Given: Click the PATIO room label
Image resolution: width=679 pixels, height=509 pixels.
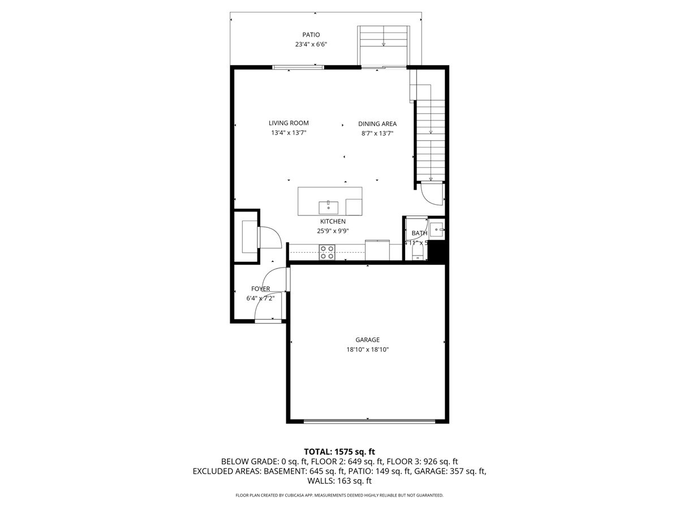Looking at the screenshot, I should point(311,35).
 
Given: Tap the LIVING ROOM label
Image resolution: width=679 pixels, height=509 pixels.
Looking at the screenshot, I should point(289,123).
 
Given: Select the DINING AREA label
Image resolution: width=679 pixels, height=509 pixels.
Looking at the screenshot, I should point(377,124).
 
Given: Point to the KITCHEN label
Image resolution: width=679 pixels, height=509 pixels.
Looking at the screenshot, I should point(333,222).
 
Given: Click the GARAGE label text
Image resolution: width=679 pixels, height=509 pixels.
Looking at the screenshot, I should point(368,340).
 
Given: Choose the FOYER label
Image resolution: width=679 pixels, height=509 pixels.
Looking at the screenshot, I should point(261,289).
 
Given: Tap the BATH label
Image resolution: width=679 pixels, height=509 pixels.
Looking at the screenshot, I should point(419,233).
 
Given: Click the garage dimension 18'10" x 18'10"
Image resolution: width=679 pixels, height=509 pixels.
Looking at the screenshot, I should point(368,350).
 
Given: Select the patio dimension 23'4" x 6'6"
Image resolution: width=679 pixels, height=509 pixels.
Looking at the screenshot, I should point(311,44).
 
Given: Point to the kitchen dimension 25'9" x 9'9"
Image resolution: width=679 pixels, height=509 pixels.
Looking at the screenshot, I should point(333,231).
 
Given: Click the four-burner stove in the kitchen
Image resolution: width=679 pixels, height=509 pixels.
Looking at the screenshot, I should point(326,252).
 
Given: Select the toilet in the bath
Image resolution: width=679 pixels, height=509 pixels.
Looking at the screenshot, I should point(419,251).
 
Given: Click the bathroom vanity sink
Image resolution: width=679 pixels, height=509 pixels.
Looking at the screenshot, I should point(437,230).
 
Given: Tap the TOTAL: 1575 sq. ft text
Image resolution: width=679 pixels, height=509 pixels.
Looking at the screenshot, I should point(339,451).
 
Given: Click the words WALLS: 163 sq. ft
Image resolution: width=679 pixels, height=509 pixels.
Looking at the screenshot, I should point(339,481).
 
